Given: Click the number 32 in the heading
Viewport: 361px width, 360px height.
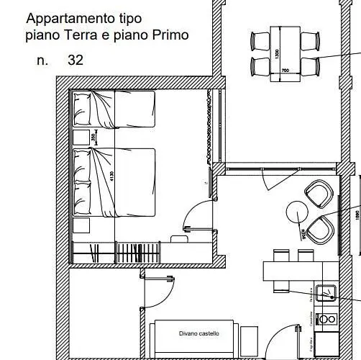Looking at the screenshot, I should (x=76, y=60).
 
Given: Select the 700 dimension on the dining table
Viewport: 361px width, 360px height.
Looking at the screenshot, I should (x=284, y=71).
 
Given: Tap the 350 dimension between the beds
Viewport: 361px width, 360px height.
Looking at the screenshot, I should (x=93, y=137).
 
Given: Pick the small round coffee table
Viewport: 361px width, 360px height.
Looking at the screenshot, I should (x=297, y=212).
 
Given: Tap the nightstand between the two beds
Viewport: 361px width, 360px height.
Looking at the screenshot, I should (x=80, y=138).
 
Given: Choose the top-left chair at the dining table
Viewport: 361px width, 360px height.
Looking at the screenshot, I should (x=258, y=40).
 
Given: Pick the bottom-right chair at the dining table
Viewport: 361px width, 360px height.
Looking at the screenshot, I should (x=309, y=66).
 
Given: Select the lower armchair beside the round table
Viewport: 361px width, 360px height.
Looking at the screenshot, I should (x=321, y=229).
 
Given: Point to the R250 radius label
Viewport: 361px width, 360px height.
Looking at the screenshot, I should (x=304, y=233).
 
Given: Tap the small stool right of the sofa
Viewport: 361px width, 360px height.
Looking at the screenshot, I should (x=249, y=336).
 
